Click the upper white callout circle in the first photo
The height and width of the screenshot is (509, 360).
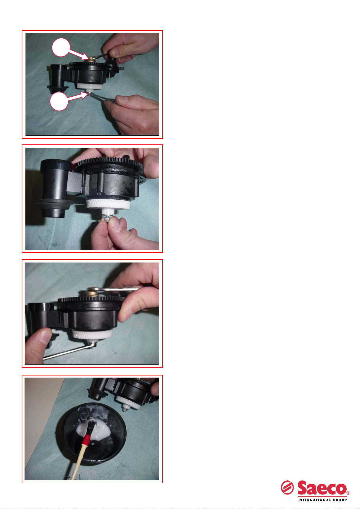click(61, 47)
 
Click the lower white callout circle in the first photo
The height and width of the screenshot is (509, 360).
click(59, 101)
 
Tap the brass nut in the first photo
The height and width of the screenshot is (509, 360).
click(91, 59)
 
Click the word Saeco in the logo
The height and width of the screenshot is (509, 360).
click(322, 488)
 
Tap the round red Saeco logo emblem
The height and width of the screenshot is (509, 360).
click(287, 488)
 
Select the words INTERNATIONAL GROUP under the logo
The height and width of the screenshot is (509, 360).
click(322, 500)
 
